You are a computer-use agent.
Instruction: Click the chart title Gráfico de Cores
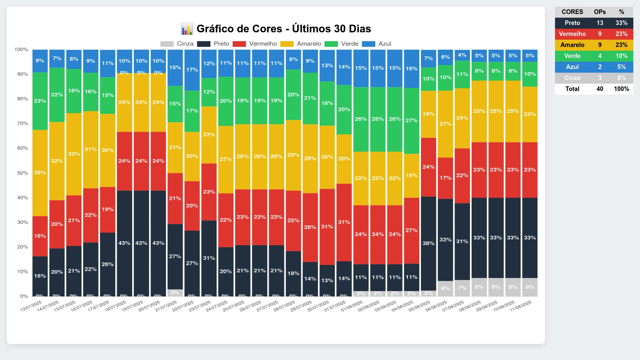click(283, 29)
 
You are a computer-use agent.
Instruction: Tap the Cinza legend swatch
click(167, 44)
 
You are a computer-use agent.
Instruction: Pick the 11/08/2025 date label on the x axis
click(521, 306)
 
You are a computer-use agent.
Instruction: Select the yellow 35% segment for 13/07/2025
click(40, 173)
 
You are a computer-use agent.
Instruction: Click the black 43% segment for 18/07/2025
click(124, 243)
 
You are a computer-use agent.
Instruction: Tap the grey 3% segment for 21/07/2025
click(175, 293)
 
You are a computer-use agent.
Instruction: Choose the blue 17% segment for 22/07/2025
click(192, 70)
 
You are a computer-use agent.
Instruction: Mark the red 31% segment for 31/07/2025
click(344, 222)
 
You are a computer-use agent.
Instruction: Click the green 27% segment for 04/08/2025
click(411, 121)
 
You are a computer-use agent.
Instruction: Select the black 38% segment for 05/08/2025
click(428, 243)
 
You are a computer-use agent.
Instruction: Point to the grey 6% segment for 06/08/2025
click(445, 288)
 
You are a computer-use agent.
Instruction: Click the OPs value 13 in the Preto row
click(600, 23)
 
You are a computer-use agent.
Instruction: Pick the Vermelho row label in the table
click(572, 34)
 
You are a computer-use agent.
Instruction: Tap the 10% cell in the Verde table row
click(621, 56)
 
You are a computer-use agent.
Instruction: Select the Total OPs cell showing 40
click(600, 89)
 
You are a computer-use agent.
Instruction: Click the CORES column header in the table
click(572, 12)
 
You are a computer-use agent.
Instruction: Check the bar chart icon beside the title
click(187, 29)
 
